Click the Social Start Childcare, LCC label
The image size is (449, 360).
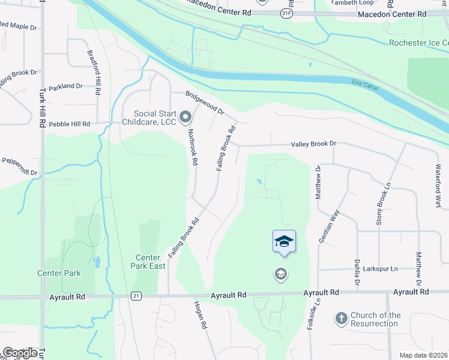coord(154,118)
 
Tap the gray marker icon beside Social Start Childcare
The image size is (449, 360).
coord(186,116)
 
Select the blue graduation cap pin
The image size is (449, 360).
coord(284,242)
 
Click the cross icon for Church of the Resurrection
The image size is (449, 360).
coord(341,318)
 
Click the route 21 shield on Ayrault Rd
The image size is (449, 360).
coord(136,296)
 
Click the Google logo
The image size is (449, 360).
coord(20,352)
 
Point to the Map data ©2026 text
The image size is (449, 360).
coord(423,355)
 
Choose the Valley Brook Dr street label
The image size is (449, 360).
coord(313,144)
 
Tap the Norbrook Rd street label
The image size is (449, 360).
coord(193,146)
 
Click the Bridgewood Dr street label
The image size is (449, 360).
coord(204,103)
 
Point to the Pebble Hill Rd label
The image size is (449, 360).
coord(69,124)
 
